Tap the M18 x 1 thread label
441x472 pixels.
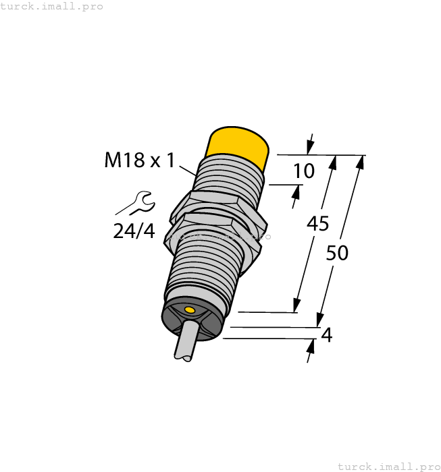tap(140, 160)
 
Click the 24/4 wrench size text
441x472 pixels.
tap(134, 231)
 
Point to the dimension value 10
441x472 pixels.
tap(304, 171)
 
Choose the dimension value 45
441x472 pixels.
tap(317, 223)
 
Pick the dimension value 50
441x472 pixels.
tap(337, 254)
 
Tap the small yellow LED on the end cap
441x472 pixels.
tap(190, 310)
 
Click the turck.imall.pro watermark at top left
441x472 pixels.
tap(52, 6)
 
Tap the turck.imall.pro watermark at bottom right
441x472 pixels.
tap(388, 466)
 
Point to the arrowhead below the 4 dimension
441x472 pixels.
tap(312, 346)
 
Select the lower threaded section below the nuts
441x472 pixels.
tap(203, 270)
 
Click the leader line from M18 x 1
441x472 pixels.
tap(188, 169)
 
